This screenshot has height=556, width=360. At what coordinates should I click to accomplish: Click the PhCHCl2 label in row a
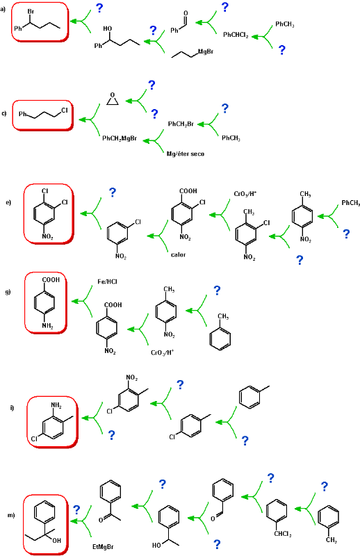click(236, 35)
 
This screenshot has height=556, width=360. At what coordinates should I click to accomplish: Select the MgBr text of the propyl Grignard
click(206, 51)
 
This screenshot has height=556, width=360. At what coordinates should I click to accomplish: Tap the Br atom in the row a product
click(31, 12)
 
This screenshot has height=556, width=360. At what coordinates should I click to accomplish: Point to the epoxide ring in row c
click(113, 99)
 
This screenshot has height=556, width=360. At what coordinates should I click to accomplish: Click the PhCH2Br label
click(181, 124)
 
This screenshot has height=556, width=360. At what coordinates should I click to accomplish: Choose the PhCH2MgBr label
click(120, 138)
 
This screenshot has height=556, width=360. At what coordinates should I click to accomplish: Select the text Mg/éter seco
click(186, 154)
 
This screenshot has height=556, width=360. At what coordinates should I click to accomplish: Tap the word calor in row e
click(178, 254)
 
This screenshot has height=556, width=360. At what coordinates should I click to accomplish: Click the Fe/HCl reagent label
click(107, 281)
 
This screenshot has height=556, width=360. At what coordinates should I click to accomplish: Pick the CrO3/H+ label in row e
click(245, 194)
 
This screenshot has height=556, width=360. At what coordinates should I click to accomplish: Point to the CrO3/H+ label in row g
click(162, 352)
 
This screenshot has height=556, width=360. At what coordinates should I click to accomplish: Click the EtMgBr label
click(103, 547)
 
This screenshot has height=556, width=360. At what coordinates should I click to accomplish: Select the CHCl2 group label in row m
click(283, 534)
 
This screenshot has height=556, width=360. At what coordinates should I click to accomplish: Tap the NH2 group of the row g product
click(47, 325)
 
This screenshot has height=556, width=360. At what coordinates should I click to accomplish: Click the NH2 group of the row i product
click(56, 405)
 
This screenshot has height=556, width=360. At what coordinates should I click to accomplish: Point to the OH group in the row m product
click(56, 541)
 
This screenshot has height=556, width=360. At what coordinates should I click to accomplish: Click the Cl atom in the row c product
click(64, 111)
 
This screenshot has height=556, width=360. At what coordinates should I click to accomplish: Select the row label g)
click(8, 292)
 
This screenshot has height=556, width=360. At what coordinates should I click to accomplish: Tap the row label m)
click(11, 515)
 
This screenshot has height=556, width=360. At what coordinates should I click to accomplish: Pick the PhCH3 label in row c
click(231, 138)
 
